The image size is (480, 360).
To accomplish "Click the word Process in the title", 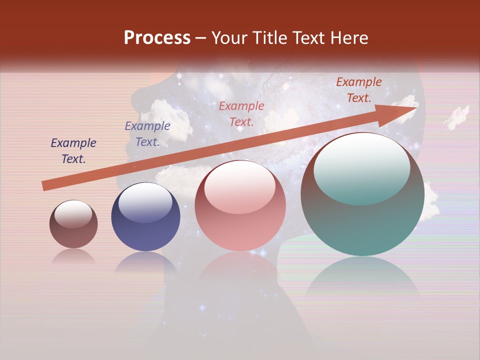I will pyautogui.click(x=157, y=38).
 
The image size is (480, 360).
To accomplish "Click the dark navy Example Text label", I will pyautogui.click(x=73, y=151).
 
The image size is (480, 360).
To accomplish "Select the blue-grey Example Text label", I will pyautogui.click(x=147, y=134).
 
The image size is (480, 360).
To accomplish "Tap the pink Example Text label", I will pyautogui.click(x=241, y=113).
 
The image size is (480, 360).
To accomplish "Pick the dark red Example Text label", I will pyautogui.click(x=359, y=90).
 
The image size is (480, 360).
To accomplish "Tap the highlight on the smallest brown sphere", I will pyautogui.click(x=73, y=213).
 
